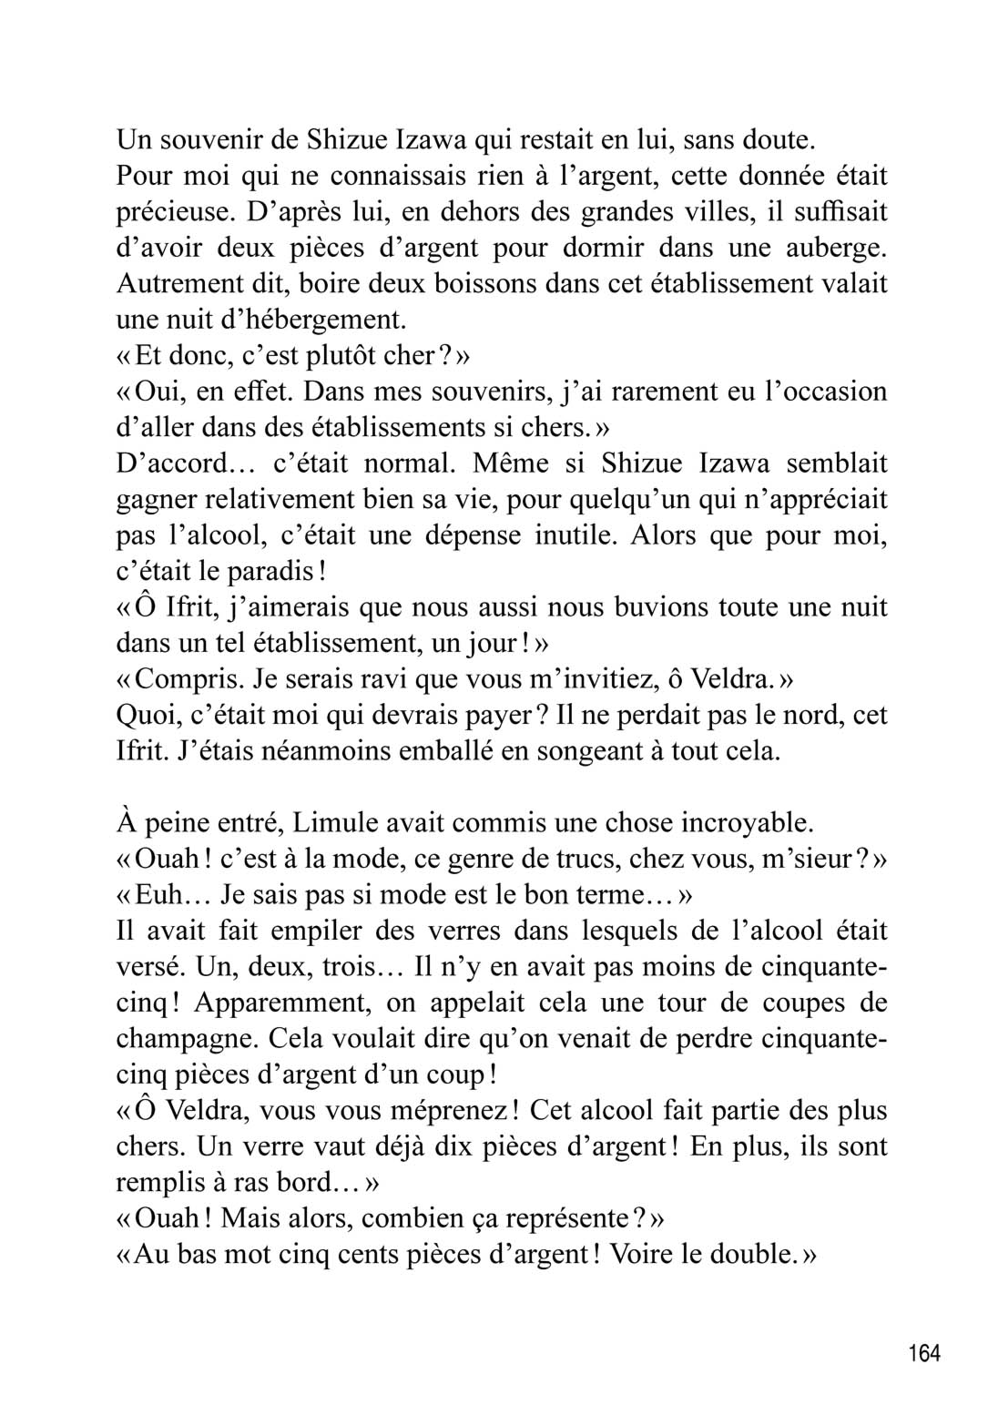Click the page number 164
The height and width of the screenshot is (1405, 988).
[923, 1353]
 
